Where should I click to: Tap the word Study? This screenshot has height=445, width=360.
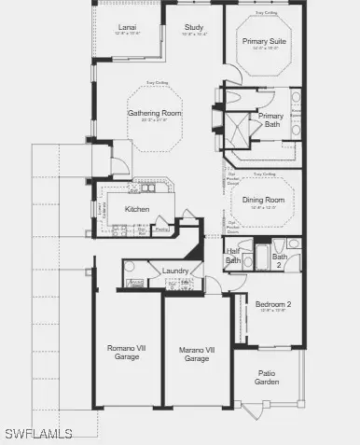coord(194,26)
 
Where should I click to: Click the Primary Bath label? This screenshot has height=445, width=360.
coord(271,118)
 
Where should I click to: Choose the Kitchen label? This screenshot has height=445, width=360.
coord(138,208)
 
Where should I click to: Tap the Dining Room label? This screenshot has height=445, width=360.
coord(264,198)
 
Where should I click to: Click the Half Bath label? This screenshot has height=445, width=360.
coord(233,257)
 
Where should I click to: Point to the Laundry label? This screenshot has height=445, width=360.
coord(175,271)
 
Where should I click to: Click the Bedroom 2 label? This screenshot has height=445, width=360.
coord(272,303)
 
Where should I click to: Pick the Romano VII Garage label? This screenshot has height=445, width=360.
coord(126,352)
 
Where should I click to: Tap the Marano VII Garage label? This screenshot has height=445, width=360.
coord(196,355)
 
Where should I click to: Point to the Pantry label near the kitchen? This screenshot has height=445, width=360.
coord(161,229)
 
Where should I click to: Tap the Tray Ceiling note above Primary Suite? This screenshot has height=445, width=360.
coord(265,15)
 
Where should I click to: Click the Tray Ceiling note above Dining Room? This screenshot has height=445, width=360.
coord(264,174)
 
